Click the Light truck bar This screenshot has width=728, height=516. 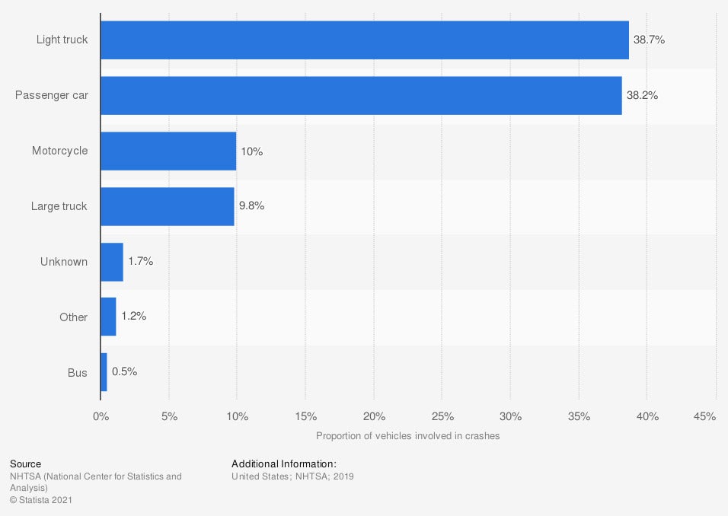click(x=364, y=40)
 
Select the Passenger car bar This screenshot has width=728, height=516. click(x=361, y=95)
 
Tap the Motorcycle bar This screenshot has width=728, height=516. click(x=168, y=151)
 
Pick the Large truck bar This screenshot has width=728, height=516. click(x=167, y=206)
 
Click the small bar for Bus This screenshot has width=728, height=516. click(x=104, y=372)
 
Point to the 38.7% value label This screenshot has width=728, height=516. click(x=650, y=40)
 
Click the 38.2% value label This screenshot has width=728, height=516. click(x=642, y=95)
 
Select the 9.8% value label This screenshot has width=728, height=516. click(x=252, y=206)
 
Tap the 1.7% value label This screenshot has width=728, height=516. click(x=141, y=261)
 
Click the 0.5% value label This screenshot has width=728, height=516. click(x=124, y=372)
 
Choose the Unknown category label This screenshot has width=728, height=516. click(x=64, y=262)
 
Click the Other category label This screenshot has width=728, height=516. click(x=73, y=317)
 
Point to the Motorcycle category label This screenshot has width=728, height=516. click(x=59, y=151)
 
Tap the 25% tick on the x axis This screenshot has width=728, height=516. click(x=442, y=417)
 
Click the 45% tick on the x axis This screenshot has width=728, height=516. click(x=705, y=417)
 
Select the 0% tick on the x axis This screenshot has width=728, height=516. click(x=101, y=417)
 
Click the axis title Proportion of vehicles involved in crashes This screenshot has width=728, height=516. click(x=407, y=436)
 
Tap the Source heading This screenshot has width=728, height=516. click(x=26, y=463)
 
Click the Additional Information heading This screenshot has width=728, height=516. click(x=284, y=463)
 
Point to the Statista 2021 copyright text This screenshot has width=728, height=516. click(x=41, y=500)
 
